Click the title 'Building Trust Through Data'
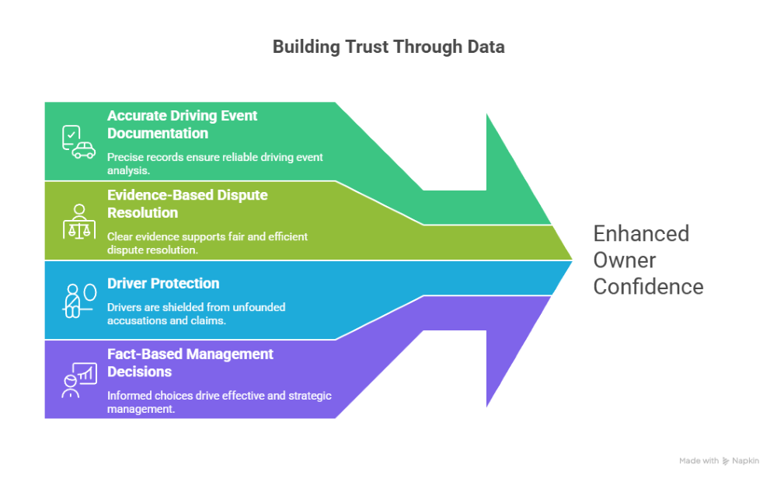pos(388,47)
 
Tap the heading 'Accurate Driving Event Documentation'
pos(182,124)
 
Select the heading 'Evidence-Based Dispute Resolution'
pos(187,204)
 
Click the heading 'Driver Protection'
pos(163,284)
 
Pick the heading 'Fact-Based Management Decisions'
pos(190,362)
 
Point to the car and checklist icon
pos(78,141)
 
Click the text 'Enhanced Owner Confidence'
pos(648,260)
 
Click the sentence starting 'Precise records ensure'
pos(214,162)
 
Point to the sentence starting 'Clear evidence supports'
pos(207,242)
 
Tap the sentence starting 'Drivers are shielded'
pos(196,313)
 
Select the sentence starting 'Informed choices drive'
pos(219,401)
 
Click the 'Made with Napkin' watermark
pos(719,461)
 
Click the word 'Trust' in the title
pos(364,47)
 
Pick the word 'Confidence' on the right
pos(648,286)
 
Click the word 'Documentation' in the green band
pos(158,133)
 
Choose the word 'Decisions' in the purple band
pos(139,371)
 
